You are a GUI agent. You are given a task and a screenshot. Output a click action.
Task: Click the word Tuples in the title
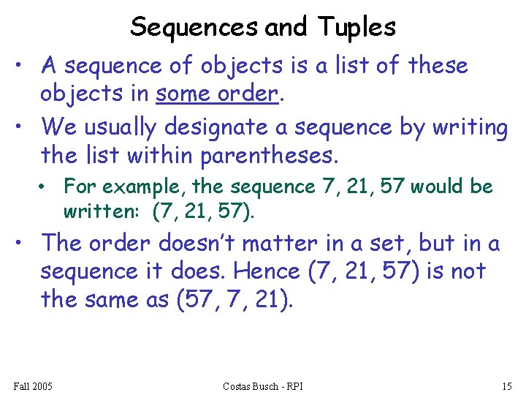tap(357, 27)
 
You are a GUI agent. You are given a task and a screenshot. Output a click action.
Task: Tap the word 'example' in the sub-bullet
tap(129, 187)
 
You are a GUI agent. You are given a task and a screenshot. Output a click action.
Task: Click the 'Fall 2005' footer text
tap(33, 385)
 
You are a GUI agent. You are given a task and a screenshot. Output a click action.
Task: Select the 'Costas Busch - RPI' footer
tap(263, 385)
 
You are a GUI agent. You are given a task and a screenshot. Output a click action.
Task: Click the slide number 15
tap(506, 385)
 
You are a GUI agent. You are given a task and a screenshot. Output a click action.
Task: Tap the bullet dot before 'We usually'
tap(26, 127)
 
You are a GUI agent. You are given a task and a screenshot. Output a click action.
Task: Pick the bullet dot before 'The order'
tap(26, 242)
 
